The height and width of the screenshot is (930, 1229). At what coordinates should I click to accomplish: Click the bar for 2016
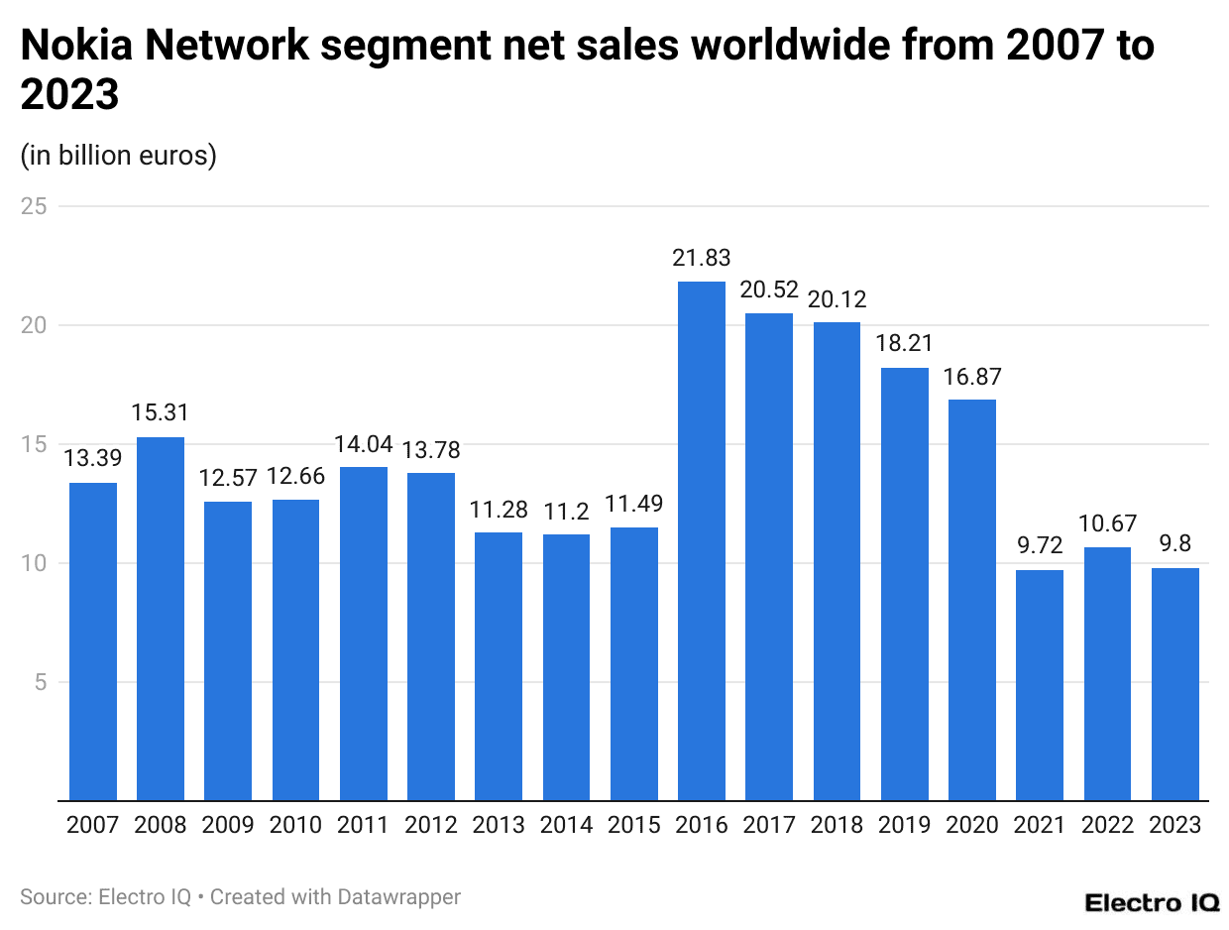(701, 540)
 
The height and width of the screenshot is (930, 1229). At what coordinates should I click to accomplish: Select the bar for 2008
(160, 618)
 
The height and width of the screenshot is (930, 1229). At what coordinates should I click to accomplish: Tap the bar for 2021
(1040, 684)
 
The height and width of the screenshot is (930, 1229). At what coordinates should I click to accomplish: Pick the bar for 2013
(499, 665)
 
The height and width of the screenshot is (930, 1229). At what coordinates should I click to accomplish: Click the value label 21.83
(701, 258)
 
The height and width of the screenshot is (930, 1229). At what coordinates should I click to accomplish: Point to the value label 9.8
(1174, 544)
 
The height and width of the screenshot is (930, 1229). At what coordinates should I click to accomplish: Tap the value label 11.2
(566, 511)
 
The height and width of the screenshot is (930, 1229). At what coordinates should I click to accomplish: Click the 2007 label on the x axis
(92, 825)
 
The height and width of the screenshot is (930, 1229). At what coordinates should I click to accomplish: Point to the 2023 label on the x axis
(1174, 825)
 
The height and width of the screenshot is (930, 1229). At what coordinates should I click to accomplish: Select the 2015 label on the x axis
(633, 825)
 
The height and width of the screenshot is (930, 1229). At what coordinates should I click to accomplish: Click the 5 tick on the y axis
(40, 682)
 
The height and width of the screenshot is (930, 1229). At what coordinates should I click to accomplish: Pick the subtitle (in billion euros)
(118, 156)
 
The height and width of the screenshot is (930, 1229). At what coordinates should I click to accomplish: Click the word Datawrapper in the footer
(399, 897)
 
